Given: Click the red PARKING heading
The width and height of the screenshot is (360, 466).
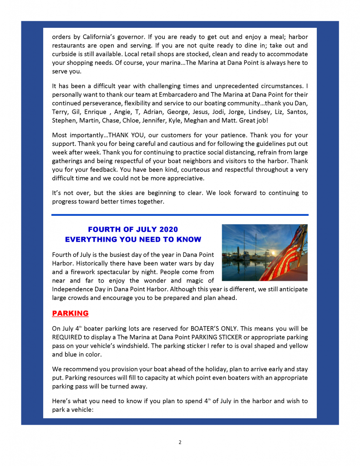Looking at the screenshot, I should point(70,314).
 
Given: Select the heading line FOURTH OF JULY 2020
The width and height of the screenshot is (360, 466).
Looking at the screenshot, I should point(133,229).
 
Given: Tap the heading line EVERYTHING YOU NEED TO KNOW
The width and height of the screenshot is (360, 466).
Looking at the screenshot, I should point(133,239).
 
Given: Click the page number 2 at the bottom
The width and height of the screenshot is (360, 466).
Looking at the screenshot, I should point(180,442).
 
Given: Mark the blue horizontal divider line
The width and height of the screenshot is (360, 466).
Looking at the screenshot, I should point(180,215).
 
